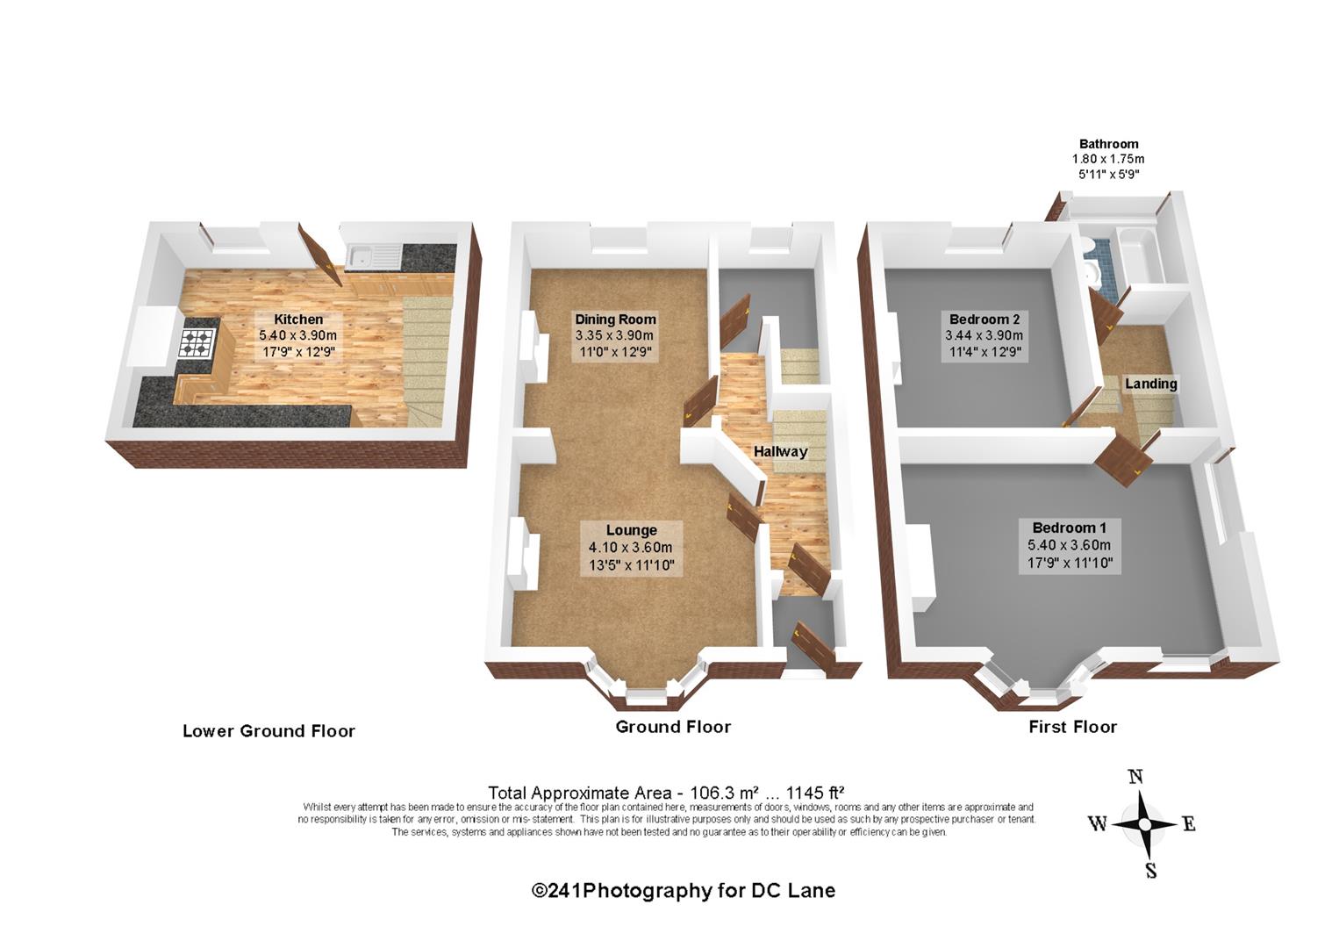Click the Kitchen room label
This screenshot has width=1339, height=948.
tap(298, 320)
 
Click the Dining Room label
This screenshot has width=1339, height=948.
tap(615, 320)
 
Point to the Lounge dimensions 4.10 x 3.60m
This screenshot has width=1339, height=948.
tap(630, 547)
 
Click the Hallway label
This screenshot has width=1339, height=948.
tap(780, 451)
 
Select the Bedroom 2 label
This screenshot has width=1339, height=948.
tap(984, 319)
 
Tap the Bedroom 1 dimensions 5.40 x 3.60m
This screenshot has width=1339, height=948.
tap(1069, 545)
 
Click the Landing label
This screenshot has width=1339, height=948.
tap(1150, 384)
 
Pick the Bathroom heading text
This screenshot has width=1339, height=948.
tap(1108, 144)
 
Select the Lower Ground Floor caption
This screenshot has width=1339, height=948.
tap(269, 731)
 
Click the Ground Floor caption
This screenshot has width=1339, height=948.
tap(673, 728)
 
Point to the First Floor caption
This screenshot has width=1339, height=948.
tap(1073, 728)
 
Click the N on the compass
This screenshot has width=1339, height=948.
tap(1135, 777)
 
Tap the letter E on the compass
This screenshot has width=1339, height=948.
tap(1190, 825)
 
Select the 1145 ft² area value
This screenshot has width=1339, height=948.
tap(815, 794)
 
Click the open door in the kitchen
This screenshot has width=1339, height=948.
tap(320, 254)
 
